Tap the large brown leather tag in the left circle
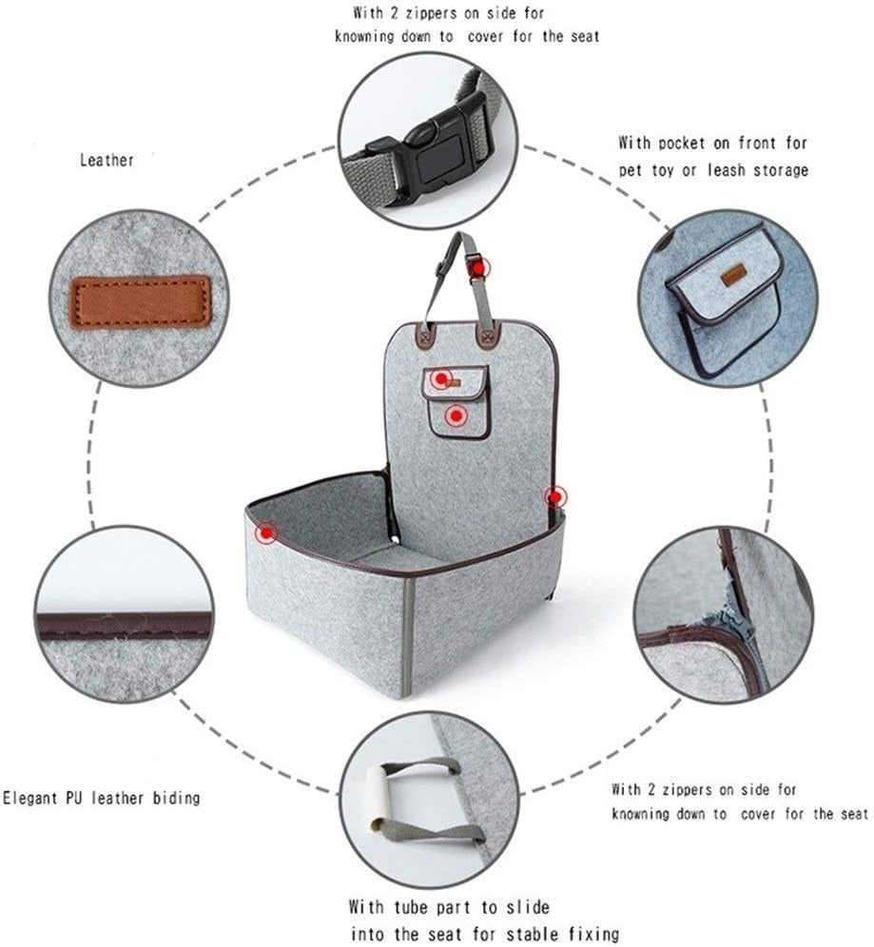(143, 301)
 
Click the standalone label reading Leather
(107, 161)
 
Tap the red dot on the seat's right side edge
(555, 495)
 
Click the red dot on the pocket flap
(440, 379)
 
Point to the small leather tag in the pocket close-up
(731, 278)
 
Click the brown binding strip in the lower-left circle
(124, 625)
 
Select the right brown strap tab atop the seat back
(491, 336)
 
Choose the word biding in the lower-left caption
(177, 798)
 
